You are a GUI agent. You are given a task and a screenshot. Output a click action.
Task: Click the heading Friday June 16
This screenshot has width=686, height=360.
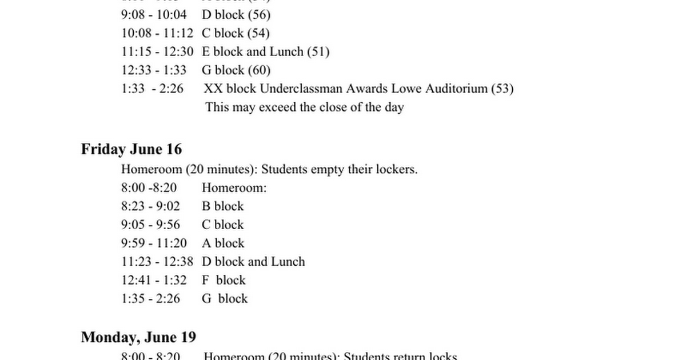point(131,149)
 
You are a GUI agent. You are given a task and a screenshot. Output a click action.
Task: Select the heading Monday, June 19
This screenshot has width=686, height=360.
point(138,337)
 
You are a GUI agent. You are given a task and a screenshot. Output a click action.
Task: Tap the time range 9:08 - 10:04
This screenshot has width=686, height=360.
point(154,14)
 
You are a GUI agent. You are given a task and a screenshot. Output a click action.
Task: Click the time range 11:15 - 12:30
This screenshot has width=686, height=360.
point(157,51)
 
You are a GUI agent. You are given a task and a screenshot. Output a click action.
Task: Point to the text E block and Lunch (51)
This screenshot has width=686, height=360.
point(266,51)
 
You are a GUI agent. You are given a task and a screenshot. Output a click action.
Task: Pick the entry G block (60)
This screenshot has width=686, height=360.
point(236,70)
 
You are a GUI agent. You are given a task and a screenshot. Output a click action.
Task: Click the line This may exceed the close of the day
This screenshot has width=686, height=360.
point(305,107)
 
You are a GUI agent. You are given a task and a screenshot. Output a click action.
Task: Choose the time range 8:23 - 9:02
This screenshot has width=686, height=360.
point(150,206)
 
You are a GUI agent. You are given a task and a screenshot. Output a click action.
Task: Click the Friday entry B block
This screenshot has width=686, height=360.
point(223,206)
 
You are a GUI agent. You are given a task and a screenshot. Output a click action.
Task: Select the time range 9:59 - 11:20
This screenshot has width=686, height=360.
point(154,243)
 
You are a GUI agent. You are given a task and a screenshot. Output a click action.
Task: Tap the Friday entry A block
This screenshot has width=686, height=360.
point(223,243)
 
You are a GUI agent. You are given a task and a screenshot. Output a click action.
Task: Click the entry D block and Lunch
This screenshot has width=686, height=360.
point(253,262)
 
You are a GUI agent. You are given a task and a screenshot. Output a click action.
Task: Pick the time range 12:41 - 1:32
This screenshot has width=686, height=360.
point(154,280)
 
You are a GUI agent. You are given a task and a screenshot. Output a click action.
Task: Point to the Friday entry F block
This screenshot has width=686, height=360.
point(224,280)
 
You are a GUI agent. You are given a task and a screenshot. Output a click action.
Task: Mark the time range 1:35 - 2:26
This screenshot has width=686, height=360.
point(150,298)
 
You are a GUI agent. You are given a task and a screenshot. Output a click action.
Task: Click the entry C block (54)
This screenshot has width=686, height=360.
point(236,33)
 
